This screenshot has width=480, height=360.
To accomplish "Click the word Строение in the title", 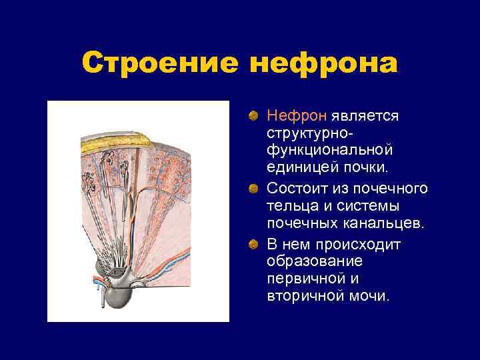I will click(x=160, y=64).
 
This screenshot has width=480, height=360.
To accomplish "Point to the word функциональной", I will click(x=330, y=153).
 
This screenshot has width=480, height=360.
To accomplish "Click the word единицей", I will click(x=299, y=171).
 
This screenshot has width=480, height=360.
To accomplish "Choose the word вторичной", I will click(x=303, y=297).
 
